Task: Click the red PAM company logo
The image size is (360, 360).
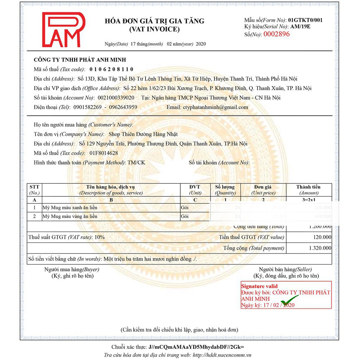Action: tap(64, 30)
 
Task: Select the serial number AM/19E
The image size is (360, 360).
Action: tap(300, 27)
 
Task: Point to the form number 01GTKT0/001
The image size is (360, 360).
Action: tap(305, 20)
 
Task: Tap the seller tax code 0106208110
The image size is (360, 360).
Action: tap(111, 69)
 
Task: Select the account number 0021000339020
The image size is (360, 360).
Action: tap(116, 98)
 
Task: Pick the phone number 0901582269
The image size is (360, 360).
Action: tap(88, 107)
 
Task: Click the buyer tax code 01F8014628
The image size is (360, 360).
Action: tap(104, 153)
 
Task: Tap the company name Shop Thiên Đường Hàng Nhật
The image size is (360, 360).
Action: tap(143, 134)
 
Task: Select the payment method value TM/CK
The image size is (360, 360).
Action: tap(136, 162)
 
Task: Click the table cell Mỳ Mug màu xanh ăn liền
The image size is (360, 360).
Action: tap(70, 207)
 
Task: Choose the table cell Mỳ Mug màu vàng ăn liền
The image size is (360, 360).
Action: tap(70, 216)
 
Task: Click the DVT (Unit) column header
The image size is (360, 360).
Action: tap(195, 190)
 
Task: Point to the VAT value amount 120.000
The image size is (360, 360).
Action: tap(322, 237)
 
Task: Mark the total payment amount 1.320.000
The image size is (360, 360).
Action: tap(320, 248)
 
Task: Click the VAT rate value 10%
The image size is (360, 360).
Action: tap(99, 237)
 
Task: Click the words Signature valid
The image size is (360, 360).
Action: tap(259, 286)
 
